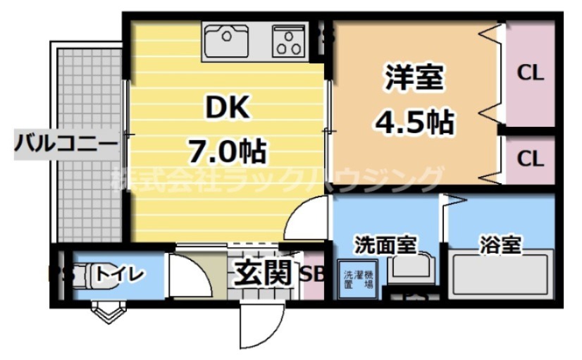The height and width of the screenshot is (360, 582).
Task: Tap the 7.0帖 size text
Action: pyautogui.click(x=226, y=149)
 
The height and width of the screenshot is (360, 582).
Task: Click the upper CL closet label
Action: pyautogui.click(x=531, y=73)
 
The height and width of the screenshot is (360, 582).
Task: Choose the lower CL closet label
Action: pyautogui.click(x=531, y=159)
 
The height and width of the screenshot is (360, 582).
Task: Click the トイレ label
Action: pyautogui.click(x=121, y=273)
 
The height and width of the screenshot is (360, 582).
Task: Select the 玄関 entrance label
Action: pyautogui.click(x=263, y=273)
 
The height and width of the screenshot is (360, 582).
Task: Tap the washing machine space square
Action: pyautogui.click(x=357, y=283)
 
